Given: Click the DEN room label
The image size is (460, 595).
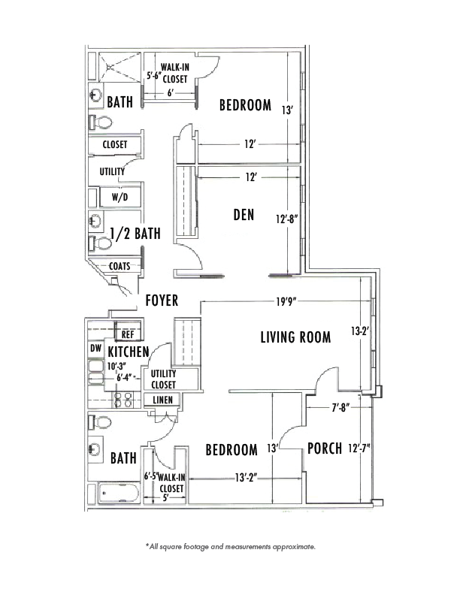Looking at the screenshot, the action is pyautogui.click(x=244, y=215).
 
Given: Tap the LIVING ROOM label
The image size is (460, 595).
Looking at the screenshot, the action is pyautogui.click(x=295, y=337).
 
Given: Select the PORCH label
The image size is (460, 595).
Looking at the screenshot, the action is pyautogui.click(x=325, y=449).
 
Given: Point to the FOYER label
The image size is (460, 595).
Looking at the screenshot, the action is pyautogui.click(x=162, y=301).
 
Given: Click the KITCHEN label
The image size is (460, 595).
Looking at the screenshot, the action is pyautogui.click(x=129, y=352).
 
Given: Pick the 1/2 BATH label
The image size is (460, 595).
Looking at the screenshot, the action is pyautogui.click(x=135, y=234).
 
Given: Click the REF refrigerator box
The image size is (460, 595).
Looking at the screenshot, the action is pyautogui.click(x=128, y=334).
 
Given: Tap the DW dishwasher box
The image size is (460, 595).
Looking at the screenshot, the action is pyautogui.click(x=95, y=348).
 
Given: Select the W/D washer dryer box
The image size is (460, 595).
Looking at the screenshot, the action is pyautogui.click(x=120, y=197).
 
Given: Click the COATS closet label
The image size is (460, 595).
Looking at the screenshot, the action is pyautogui.click(x=120, y=267).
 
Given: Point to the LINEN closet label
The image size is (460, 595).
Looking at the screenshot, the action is pyautogui.click(x=162, y=400).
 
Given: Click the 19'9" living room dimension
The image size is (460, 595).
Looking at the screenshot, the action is pyautogui.click(x=286, y=302).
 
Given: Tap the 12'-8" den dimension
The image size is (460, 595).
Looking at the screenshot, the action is pyautogui.click(x=286, y=219).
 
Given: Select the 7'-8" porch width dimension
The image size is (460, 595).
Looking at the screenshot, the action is pyautogui.click(x=340, y=408).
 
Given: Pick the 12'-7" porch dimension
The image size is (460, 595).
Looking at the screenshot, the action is pyautogui.click(x=359, y=449).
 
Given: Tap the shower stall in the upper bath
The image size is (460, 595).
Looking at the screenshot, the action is pyautogui.click(x=120, y=67).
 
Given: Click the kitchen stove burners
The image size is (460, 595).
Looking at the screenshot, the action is pyautogui.click(x=123, y=400).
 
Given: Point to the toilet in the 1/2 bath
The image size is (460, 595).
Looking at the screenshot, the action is pyautogui.click(x=100, y=243).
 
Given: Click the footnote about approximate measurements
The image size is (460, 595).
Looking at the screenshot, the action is pyautogui.click(x=231, y=547).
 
